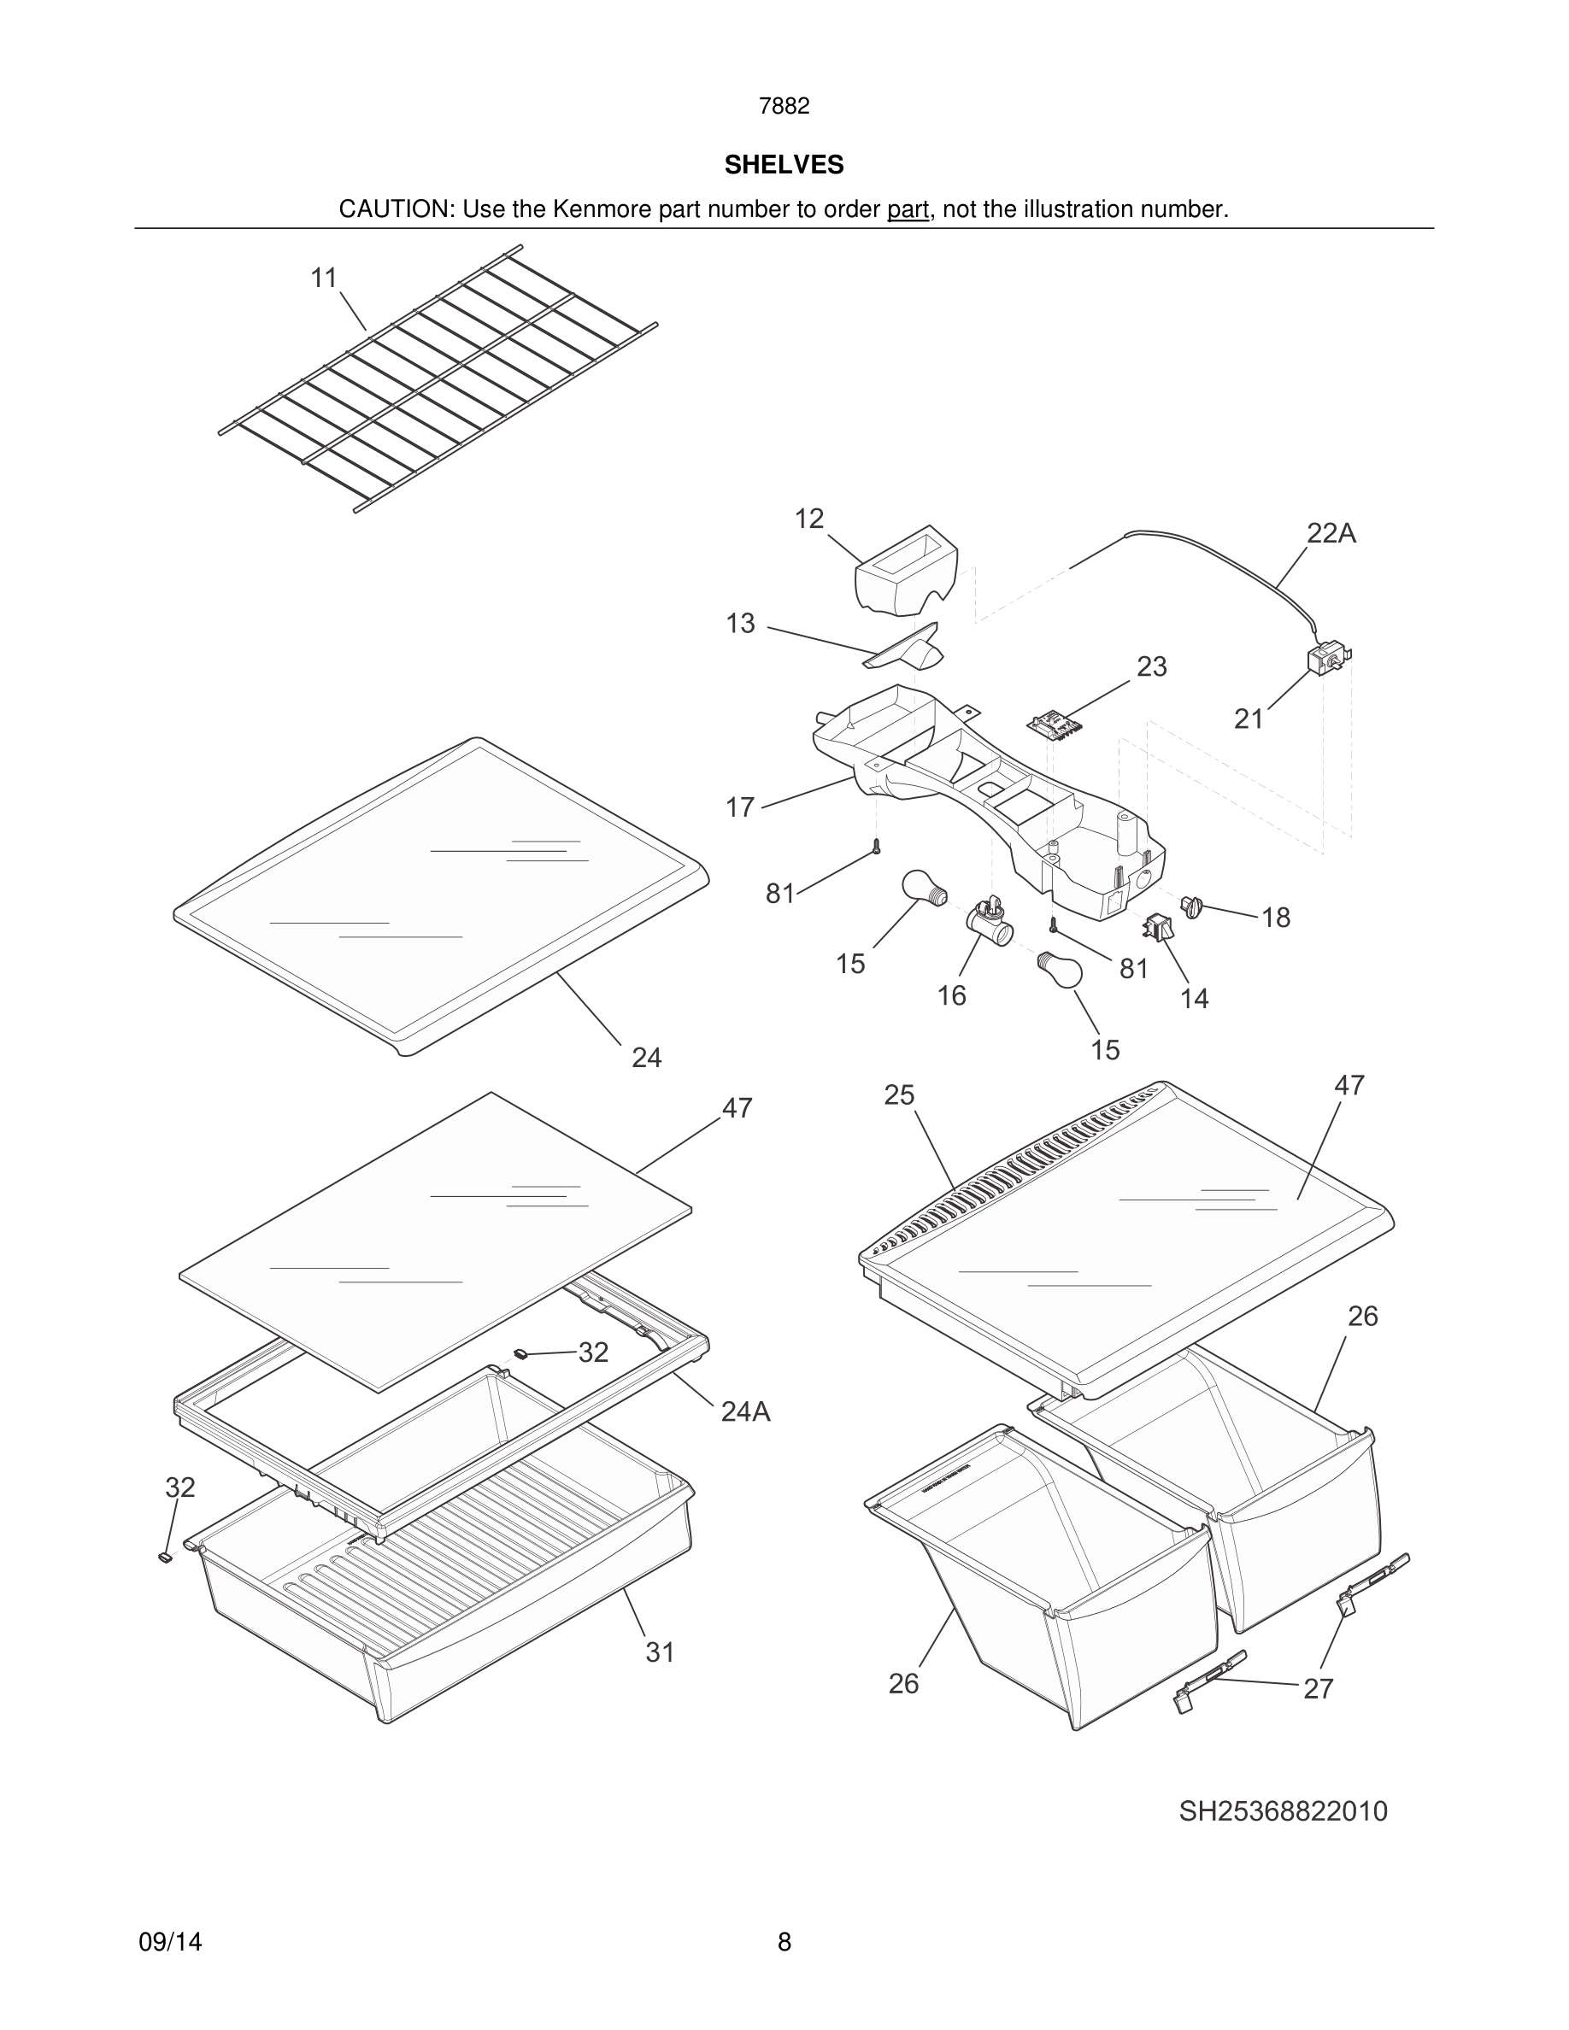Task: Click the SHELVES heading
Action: click(x=784, y=165)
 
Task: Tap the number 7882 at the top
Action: click(x=784, y=106)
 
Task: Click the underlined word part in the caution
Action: click(x=908, y=209)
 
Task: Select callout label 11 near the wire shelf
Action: click(x=324, y=277)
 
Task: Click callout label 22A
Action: click(x=1331, y=532)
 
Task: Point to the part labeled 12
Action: click(x=906, y=569)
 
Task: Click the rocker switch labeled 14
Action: click(x=1158, y=926)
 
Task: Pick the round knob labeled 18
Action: click(x=1192, y=905)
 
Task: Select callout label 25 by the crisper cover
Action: click(x=899, y=1095)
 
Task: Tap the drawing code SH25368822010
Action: click(x=1283, y=1810)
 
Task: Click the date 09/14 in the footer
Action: click(x=170, y=1942)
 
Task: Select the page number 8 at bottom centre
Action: click(x=784, y=1942)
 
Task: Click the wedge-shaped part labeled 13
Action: click(x=904, y=648)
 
